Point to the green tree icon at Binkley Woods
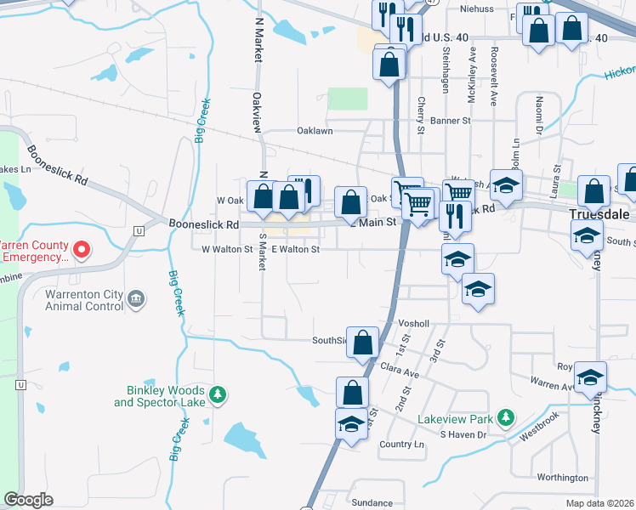[219, 394]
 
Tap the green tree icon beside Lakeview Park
[507, 416]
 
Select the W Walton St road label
[227, 250]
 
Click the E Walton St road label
[295, 250]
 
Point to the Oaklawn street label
[315, 132]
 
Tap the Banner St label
[455, 122]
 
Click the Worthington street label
[563, 478]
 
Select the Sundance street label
[372, 503]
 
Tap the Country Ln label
[402, 445]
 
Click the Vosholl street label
[414, 324]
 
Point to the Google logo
[28, 500]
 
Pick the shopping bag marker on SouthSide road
[363, 343]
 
